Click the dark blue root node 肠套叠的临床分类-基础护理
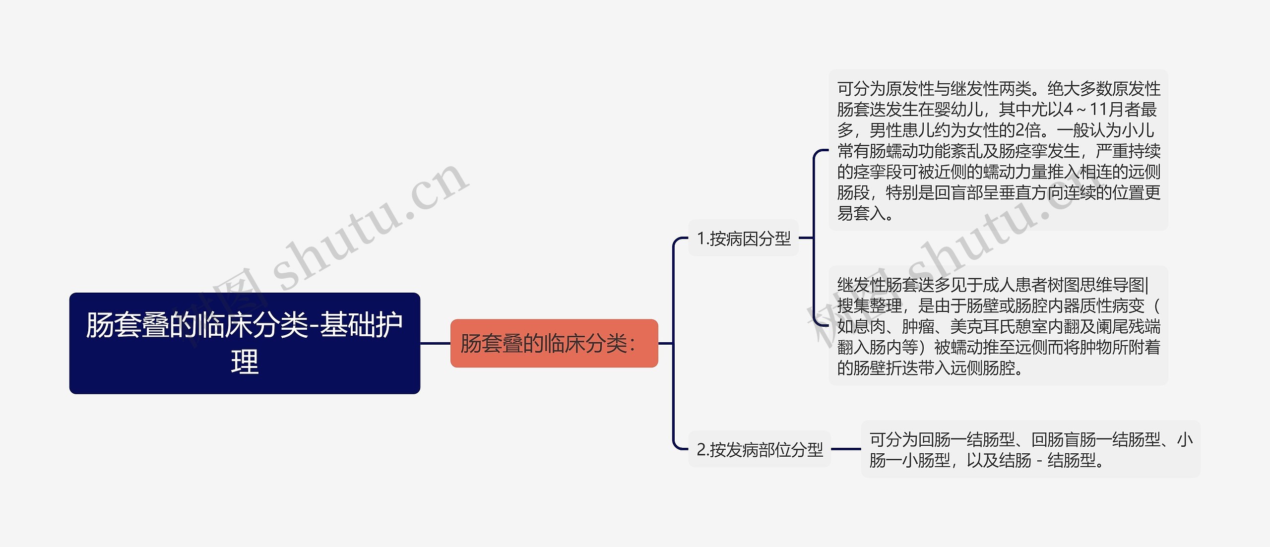(x=244, y=343)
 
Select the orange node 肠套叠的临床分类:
(x=554, y=343)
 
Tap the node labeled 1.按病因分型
(x=743, y=238)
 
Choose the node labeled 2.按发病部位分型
(x=759, y=449)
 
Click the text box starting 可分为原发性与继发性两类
(x=998, y=150)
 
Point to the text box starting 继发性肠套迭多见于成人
(x=998, y=326)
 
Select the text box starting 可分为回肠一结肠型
(x=1030, y=449)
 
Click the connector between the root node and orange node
(x=435, y=343)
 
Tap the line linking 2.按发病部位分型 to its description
(x=846, y=449)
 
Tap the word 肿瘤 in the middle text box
(x=918, y=326)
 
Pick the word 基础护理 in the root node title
(x=361, y=325)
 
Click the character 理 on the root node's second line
(x=245, y=362)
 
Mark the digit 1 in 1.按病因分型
(x=701, y=239)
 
